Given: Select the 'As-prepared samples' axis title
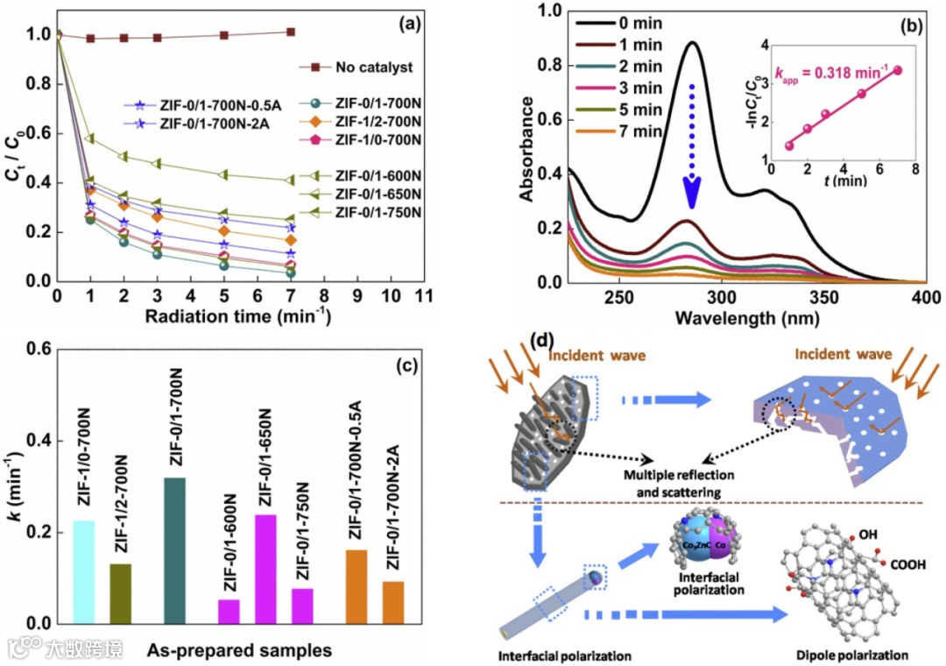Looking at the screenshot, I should (238, 650).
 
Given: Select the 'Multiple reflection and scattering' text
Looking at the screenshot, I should (673, 484).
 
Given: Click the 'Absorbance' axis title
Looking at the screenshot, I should (526, 149).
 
